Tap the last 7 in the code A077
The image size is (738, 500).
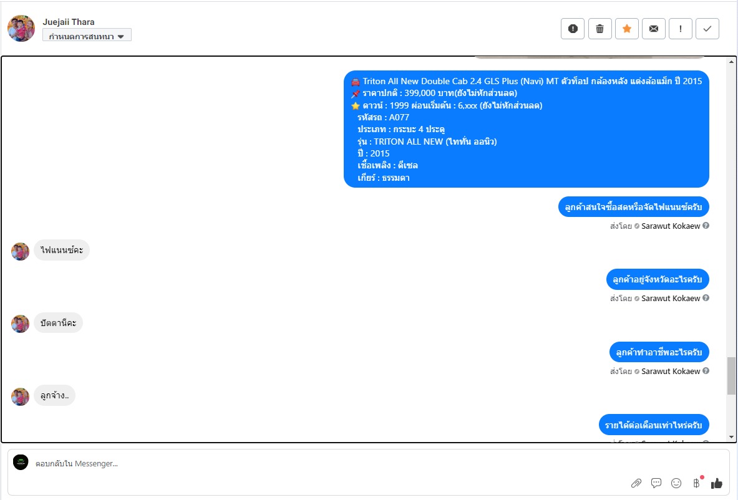click(x=406, y=118)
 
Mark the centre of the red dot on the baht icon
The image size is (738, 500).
click(x=702, y=478)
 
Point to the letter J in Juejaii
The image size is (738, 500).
click(x=45, y=22)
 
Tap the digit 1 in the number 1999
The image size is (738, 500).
click(x=392, y=105)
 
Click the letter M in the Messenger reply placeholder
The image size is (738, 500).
click(x=78, y=463)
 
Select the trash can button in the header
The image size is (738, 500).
click(x=600, y=29)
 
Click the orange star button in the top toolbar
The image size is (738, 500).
click(x=627, y=29)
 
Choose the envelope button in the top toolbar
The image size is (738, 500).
click(x=654, y=29)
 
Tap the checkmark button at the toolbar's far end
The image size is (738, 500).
click(x=707, y=29)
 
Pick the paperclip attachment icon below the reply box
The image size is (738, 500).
click(x=636, y=483)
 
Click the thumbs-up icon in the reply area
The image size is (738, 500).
click(x=717, y=483)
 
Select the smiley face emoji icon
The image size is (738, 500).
click(x=676, y=483)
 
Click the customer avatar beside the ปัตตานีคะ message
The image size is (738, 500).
click(x=20, y=324)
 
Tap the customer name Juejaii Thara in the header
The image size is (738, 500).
click(x=69, y=22)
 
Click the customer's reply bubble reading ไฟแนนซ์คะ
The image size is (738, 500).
click(x=62, y=250)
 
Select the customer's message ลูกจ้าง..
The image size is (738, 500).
click(x=55, y=396)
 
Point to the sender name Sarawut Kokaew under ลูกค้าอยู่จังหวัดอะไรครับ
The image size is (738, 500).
click(x=671, y=298)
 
